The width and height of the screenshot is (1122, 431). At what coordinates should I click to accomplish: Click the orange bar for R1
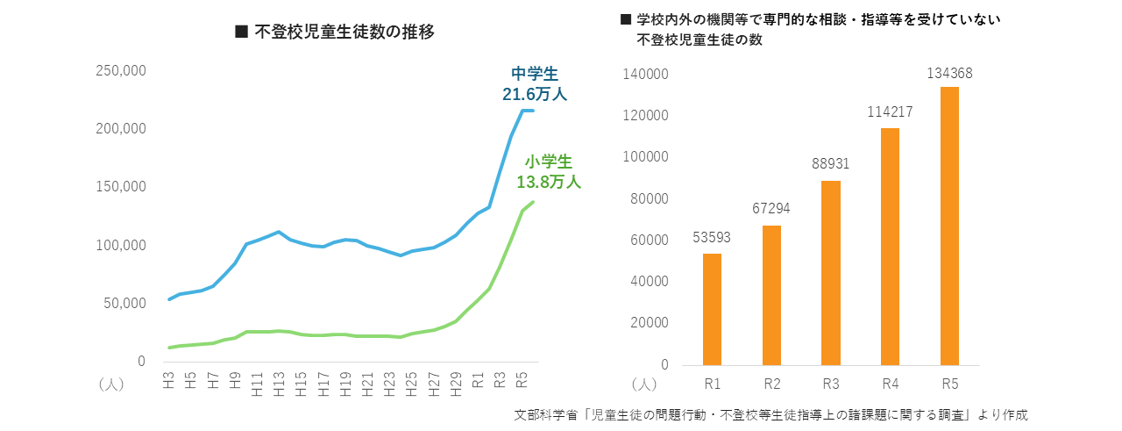click(x=712, y=309)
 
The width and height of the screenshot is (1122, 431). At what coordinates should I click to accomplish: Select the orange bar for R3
click(x=830, y=272)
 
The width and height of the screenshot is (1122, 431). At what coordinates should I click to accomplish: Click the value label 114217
click(x=890, y=112)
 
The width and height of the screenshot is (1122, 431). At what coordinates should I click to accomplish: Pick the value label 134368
click(x=949, y=73)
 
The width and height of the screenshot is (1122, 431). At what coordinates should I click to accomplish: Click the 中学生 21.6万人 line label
click(x=535, y=83)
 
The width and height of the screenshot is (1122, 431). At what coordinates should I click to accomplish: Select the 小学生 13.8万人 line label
click(x=549, y=172)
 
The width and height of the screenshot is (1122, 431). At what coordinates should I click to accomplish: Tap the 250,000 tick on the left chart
click(x=120, y=70)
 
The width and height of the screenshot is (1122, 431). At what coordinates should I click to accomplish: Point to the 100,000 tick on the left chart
click(x=120, y=245)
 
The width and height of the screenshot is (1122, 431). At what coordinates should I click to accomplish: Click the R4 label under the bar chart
click(x=890, y=383)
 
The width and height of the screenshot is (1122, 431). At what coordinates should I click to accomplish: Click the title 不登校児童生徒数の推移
click(x=336, y=32)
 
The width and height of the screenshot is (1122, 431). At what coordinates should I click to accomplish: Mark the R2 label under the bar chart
click(x=770, y=383)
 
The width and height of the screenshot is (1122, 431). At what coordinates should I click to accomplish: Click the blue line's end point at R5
click(x=532, y=111)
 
